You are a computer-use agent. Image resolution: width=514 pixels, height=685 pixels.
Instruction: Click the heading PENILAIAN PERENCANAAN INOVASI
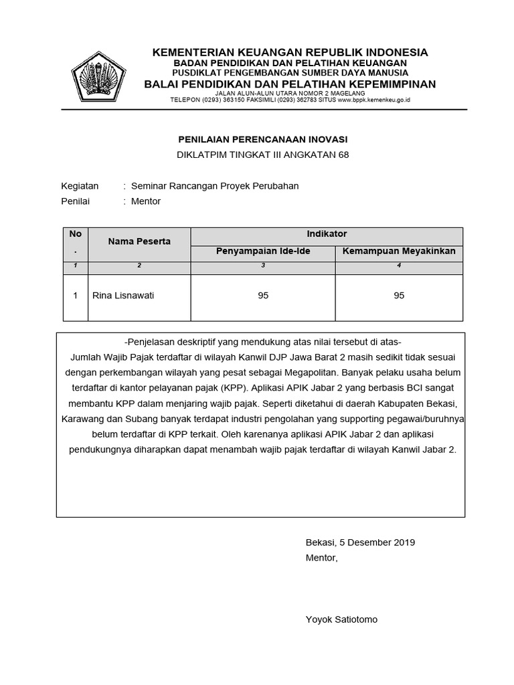click(262, 139)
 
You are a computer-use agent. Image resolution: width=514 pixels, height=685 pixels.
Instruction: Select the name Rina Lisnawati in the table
click(122, 295)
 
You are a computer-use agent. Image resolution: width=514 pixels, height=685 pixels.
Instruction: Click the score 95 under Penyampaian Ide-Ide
click(263, 295)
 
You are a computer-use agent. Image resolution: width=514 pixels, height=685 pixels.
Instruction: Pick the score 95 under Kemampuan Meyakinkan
click(399, 295)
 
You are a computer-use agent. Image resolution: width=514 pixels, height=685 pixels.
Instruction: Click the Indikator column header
click(327, 234)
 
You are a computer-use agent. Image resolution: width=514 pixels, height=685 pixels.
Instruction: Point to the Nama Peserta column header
click(139, 241)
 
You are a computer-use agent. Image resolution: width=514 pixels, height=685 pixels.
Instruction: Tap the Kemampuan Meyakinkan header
click(399, 252)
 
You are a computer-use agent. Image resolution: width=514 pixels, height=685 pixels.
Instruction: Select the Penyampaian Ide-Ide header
click(263, 252)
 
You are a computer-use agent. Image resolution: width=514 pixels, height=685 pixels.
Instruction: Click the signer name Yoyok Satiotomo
click(341, 619)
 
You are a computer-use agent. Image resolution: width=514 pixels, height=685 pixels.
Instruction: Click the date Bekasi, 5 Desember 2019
click(360, 543)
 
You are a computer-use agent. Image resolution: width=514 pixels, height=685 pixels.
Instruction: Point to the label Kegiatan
click(80, 186)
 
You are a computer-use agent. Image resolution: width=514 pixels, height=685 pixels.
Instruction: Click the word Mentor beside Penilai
click(146, 201)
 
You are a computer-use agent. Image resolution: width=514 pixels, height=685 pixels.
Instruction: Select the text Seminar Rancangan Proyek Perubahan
click(215, 186)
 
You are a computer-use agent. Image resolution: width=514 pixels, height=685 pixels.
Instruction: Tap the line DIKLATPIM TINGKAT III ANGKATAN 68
click(262, 155)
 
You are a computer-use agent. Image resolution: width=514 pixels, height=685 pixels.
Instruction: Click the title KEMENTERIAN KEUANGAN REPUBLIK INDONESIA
click(290, 52)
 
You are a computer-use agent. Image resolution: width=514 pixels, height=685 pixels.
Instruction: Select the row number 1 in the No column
click(76, 295)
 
